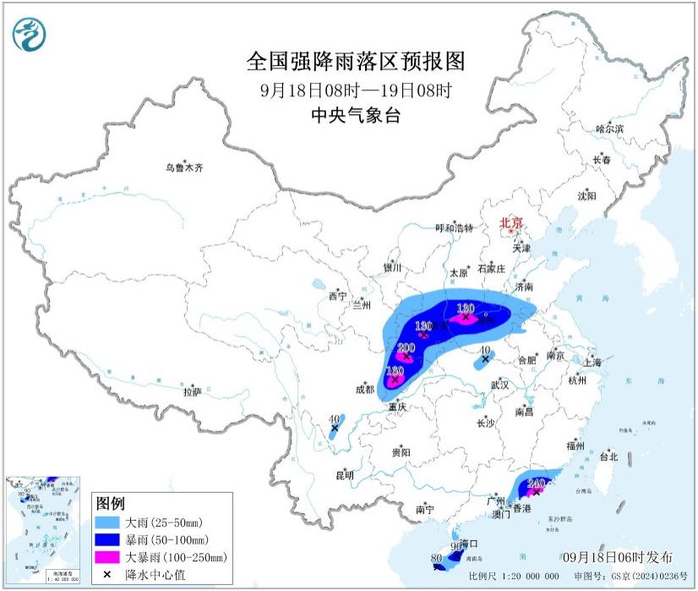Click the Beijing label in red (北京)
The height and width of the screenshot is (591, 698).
(x=511, y=223)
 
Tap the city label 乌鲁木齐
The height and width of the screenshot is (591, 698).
(x=184, y=168)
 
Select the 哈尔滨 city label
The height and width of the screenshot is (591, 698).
(x=609, y=129)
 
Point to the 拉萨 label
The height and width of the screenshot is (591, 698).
(x=192, y=391)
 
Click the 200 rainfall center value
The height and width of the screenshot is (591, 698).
(x=406, y=347)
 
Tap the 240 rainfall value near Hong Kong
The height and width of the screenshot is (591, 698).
(x=536, y=484)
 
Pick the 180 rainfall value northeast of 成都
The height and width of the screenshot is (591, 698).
(x=395, y=370)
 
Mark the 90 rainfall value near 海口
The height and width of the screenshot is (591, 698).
(x=456, y=547)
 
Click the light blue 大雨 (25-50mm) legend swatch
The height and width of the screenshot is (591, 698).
(x=110, y=522)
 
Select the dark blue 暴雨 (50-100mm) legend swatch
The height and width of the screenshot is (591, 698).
(x=110, y=539)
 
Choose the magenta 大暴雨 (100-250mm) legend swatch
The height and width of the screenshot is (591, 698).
(x=110, y=557)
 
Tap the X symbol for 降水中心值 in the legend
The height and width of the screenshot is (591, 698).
(x=110, y=575)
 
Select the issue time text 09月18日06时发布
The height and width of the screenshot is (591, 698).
(x=618, y=556)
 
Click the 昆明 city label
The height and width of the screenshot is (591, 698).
(x=345, y=475)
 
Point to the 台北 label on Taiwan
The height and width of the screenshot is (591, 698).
(x=608, y=457)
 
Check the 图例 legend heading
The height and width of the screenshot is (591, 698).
(x=111, y=503)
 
